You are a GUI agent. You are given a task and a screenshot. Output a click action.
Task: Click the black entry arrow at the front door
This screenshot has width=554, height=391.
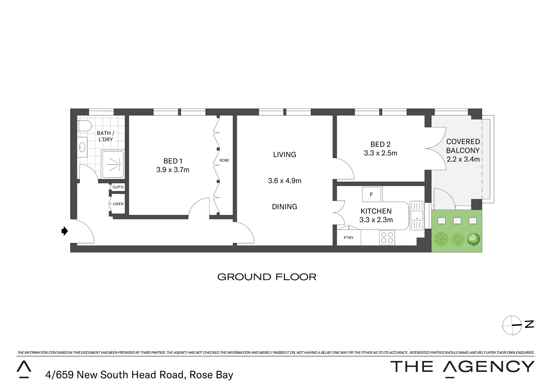coord(65,231)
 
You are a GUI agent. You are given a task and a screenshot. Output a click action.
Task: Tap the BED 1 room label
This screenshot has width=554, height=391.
coord(173,161)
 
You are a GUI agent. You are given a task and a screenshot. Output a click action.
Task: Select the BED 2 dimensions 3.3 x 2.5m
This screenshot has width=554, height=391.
coord(380,153)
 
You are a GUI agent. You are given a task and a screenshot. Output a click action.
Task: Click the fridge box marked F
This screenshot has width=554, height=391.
coord(372,194)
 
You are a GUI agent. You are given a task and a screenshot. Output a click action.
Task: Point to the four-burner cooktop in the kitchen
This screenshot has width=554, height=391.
coord(387,237)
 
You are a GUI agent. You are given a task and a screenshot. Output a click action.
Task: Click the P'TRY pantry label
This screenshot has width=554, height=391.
coord(348,238)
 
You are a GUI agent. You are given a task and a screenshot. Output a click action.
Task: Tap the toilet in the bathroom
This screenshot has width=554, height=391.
coord(84,126)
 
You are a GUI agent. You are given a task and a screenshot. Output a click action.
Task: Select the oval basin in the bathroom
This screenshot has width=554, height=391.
coord(82,147)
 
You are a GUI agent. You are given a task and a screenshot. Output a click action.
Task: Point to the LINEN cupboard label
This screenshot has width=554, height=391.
coord(118,204)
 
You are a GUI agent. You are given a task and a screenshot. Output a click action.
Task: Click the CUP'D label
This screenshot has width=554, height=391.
coord(118,187)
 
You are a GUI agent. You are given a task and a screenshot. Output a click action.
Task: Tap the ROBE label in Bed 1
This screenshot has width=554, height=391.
coord(224,160)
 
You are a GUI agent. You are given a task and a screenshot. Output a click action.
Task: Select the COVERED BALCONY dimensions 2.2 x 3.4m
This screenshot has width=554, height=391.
coord(463,159)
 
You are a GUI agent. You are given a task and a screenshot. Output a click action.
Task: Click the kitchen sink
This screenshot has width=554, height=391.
coord(417,215)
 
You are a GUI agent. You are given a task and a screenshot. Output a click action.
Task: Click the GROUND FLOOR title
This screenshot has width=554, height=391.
coord(267,277)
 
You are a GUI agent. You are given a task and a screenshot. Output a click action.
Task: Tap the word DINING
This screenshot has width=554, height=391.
coord(285,207)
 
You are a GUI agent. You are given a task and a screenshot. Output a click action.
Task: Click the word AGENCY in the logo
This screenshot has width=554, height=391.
coord(489,367)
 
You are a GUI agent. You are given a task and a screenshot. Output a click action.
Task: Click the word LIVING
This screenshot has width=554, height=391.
coord(285,155)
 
